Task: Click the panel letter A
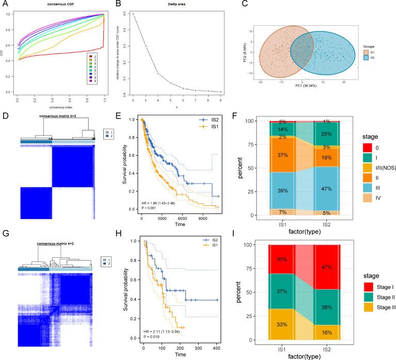(x=5, y=5)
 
